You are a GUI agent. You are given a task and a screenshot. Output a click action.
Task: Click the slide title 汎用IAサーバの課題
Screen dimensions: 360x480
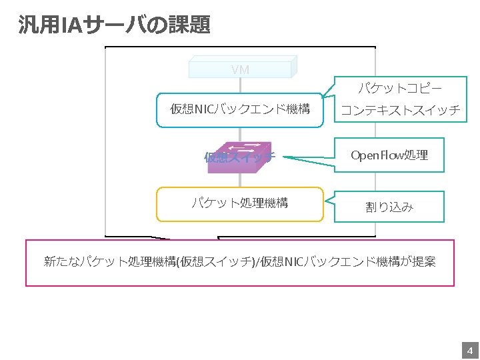click(114, 25)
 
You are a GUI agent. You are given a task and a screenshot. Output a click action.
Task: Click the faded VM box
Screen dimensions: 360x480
click(241, 69)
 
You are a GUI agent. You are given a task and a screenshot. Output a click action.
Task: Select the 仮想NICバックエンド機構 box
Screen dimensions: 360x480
click(240, 109)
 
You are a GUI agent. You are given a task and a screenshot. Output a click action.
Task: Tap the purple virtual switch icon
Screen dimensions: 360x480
click(239, 157)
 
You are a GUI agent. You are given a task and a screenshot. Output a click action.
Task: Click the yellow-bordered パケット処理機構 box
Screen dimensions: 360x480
click(240, 203)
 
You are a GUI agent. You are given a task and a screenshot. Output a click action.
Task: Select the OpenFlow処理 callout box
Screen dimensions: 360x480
click(389, 155)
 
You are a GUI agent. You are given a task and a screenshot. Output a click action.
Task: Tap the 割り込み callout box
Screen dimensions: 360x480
click(389, 207)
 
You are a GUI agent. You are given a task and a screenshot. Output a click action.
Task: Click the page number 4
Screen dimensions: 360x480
click(469, 351)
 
